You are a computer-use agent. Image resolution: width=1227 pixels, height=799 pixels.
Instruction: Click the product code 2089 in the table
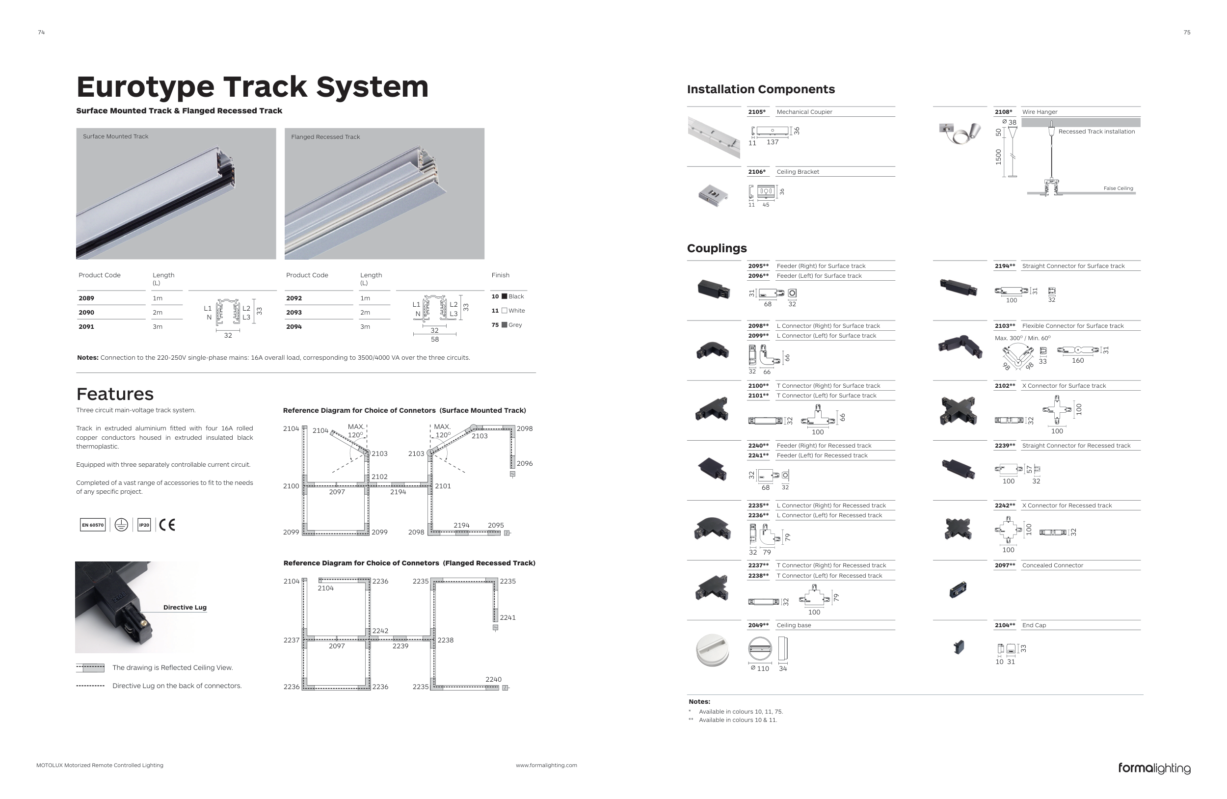86,298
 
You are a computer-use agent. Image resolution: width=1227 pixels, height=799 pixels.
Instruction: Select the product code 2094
294,327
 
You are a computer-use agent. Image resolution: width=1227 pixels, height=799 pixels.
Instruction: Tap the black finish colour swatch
504,296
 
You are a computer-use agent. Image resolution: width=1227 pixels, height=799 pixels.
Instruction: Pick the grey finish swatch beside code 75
504,325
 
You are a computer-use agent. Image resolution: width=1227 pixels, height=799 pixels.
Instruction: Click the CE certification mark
166,525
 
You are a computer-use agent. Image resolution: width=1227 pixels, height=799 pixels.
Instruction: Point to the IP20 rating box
144,525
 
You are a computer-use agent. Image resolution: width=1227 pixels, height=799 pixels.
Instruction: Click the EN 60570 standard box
93,525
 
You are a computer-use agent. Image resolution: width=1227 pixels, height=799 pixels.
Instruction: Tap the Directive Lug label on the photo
185,607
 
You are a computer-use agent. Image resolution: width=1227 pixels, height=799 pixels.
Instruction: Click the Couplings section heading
717,248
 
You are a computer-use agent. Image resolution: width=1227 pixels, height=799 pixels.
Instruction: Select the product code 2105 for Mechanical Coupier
756,112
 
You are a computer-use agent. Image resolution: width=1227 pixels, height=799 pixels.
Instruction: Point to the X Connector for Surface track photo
958,411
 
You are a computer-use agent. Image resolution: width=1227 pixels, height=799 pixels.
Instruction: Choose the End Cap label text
1034,625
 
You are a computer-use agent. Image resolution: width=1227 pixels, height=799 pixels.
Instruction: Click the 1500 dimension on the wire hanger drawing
998,157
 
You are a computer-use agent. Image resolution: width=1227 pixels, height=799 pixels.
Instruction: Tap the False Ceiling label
1118,188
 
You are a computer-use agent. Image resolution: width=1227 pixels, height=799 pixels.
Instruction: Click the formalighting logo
1154,768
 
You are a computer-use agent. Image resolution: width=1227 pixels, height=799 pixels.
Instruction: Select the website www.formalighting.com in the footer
546,766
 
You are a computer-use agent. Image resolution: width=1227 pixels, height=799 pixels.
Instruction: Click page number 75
1187,32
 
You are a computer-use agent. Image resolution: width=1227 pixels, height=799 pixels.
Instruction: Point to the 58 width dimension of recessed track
435,340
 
